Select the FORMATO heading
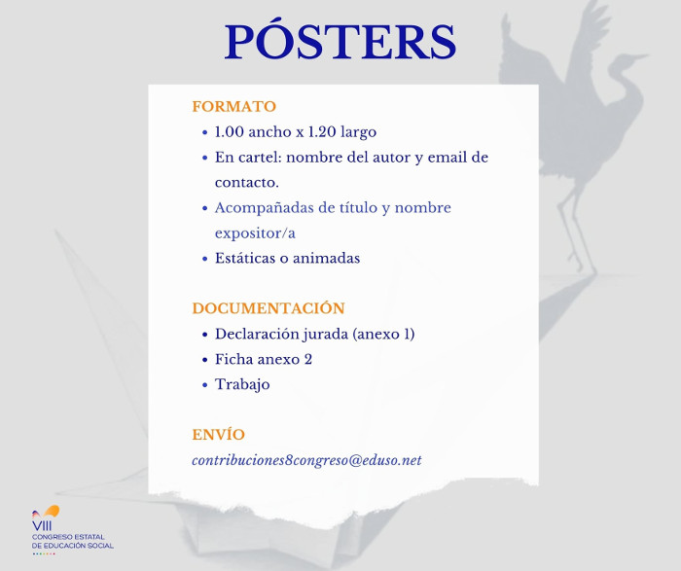234,106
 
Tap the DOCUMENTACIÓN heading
269,307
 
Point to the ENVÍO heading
219,434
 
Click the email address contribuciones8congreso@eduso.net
306,460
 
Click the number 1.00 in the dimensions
230,132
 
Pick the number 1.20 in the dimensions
322,132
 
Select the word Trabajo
242,384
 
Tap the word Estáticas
245,259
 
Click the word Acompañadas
264,208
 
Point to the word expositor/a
255,233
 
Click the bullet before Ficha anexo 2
205,360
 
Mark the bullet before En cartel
205,158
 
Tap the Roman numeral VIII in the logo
42,526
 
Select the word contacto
247,183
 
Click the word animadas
326,259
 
